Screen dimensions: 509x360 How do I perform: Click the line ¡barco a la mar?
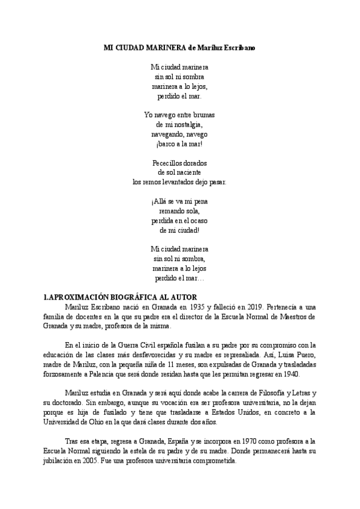point(179,144)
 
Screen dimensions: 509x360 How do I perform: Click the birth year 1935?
point(181,307)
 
